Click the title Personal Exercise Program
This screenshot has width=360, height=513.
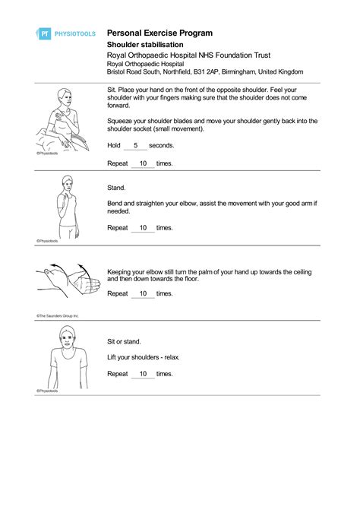pos(159,33)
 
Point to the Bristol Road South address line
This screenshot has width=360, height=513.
pos(204,71)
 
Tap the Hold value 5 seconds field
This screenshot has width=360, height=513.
pos(135,145)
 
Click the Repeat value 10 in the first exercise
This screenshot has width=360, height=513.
pos(142,163)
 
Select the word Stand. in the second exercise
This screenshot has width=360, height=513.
pos(116,186)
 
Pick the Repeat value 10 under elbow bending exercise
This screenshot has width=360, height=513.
pos(142,227)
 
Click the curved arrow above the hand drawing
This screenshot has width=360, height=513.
pos(55,266)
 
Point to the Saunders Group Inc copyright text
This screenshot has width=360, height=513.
pos(58,315)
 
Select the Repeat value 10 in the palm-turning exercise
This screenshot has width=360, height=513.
pos(142,293)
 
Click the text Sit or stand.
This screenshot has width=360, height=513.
pos(125,341)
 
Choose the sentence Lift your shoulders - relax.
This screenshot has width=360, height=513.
pos(144,357)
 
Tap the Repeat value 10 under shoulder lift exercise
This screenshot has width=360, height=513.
pos(142,374)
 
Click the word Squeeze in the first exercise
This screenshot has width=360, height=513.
pos(120,121)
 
